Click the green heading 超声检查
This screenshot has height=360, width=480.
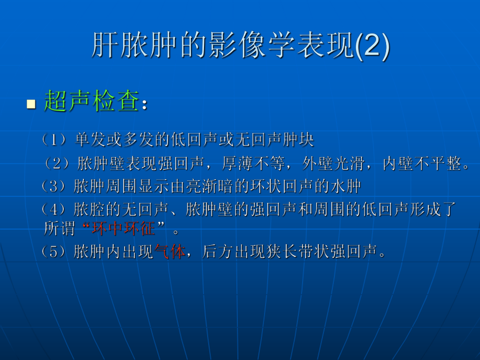pos(91,101)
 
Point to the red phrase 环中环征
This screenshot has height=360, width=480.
pos(124,229)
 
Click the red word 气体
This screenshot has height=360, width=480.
pos(170,253)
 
